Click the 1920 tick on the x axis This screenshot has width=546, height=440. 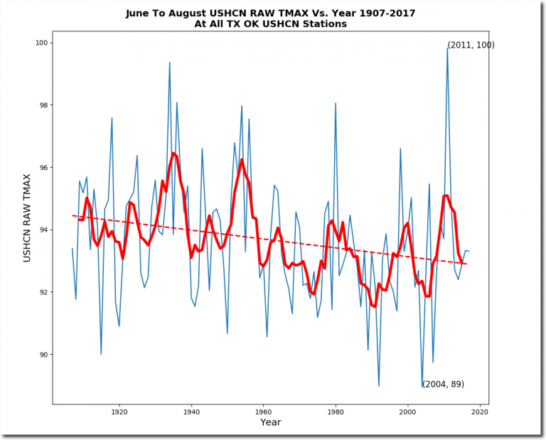(119, 412)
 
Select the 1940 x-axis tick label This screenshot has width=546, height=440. (191, 412)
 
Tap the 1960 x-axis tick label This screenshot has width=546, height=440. (264, 412)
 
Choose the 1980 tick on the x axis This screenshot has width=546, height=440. (336, 412)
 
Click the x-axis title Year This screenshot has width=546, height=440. (270, 423)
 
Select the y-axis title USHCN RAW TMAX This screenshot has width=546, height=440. (28, 218)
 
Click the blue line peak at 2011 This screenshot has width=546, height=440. (447, 48)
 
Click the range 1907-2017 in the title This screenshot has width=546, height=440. (382, 13)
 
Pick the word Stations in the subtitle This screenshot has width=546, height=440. (322, 23)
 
